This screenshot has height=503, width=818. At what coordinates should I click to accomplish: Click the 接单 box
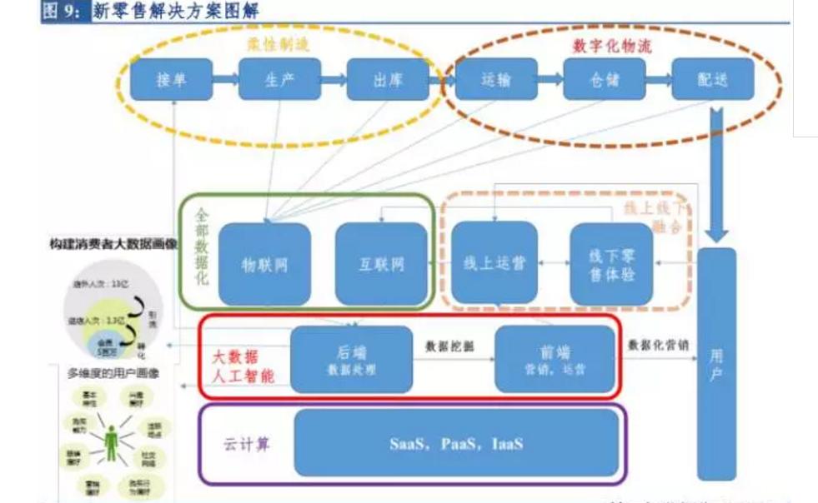(x=172, y=80)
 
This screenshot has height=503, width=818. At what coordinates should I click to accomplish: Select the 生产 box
(x=279, y=80)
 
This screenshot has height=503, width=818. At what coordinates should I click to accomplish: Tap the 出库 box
(x=388, y=80)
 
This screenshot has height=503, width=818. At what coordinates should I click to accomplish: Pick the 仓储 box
(x=605, y=80)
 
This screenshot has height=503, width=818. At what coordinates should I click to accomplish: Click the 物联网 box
(x=264, y=264)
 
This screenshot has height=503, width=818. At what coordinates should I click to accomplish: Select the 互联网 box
(x=381, y=264)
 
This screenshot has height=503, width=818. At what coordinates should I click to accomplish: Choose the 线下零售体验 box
(x=611, y=263)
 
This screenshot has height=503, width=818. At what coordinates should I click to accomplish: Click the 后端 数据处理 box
(x=351, y=358)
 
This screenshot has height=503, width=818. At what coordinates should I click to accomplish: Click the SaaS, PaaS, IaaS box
(x=456, y=443)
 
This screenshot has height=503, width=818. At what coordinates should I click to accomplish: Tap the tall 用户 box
(x=716, y=363)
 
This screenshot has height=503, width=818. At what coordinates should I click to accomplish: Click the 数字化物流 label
(x=611, y=46)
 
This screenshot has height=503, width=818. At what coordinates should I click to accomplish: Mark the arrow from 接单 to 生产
(x=225, y=80)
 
